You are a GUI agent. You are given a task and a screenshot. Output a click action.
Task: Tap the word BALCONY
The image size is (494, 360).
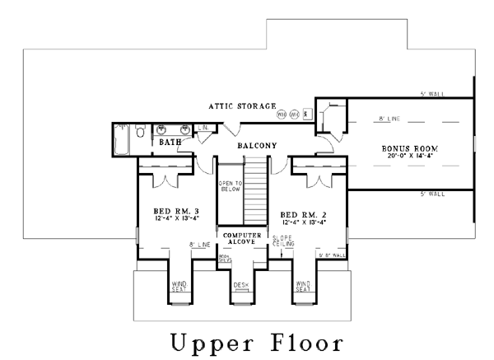click(257, 146)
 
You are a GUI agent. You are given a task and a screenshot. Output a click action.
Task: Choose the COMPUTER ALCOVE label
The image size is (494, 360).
click(242, 239)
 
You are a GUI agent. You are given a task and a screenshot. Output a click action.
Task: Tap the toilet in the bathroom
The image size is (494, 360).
click(141, 131)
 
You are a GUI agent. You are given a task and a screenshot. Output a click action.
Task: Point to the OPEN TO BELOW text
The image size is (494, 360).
click(230, 187)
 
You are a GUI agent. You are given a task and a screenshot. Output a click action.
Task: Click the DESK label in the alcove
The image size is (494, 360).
click(241, 285)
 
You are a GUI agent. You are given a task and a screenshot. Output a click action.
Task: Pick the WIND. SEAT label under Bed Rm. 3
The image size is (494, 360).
click(179, 287)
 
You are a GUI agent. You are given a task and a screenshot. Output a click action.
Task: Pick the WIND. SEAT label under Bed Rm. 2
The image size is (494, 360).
click(303, 287)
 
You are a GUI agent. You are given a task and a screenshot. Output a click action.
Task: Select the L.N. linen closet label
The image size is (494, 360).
click(203, 129)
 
